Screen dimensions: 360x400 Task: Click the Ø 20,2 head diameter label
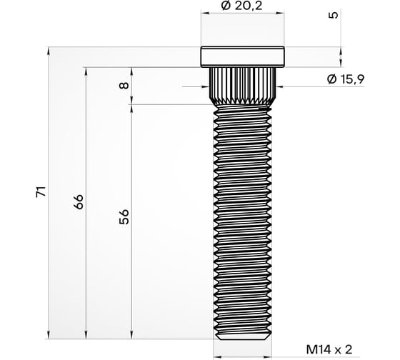click(242, 6)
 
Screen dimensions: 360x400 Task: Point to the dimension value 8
click(124, 86)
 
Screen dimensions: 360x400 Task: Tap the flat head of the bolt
click(242, 56)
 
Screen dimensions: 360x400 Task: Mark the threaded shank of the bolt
click(242, 214)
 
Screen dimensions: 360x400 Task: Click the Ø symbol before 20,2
click(226, 6)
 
